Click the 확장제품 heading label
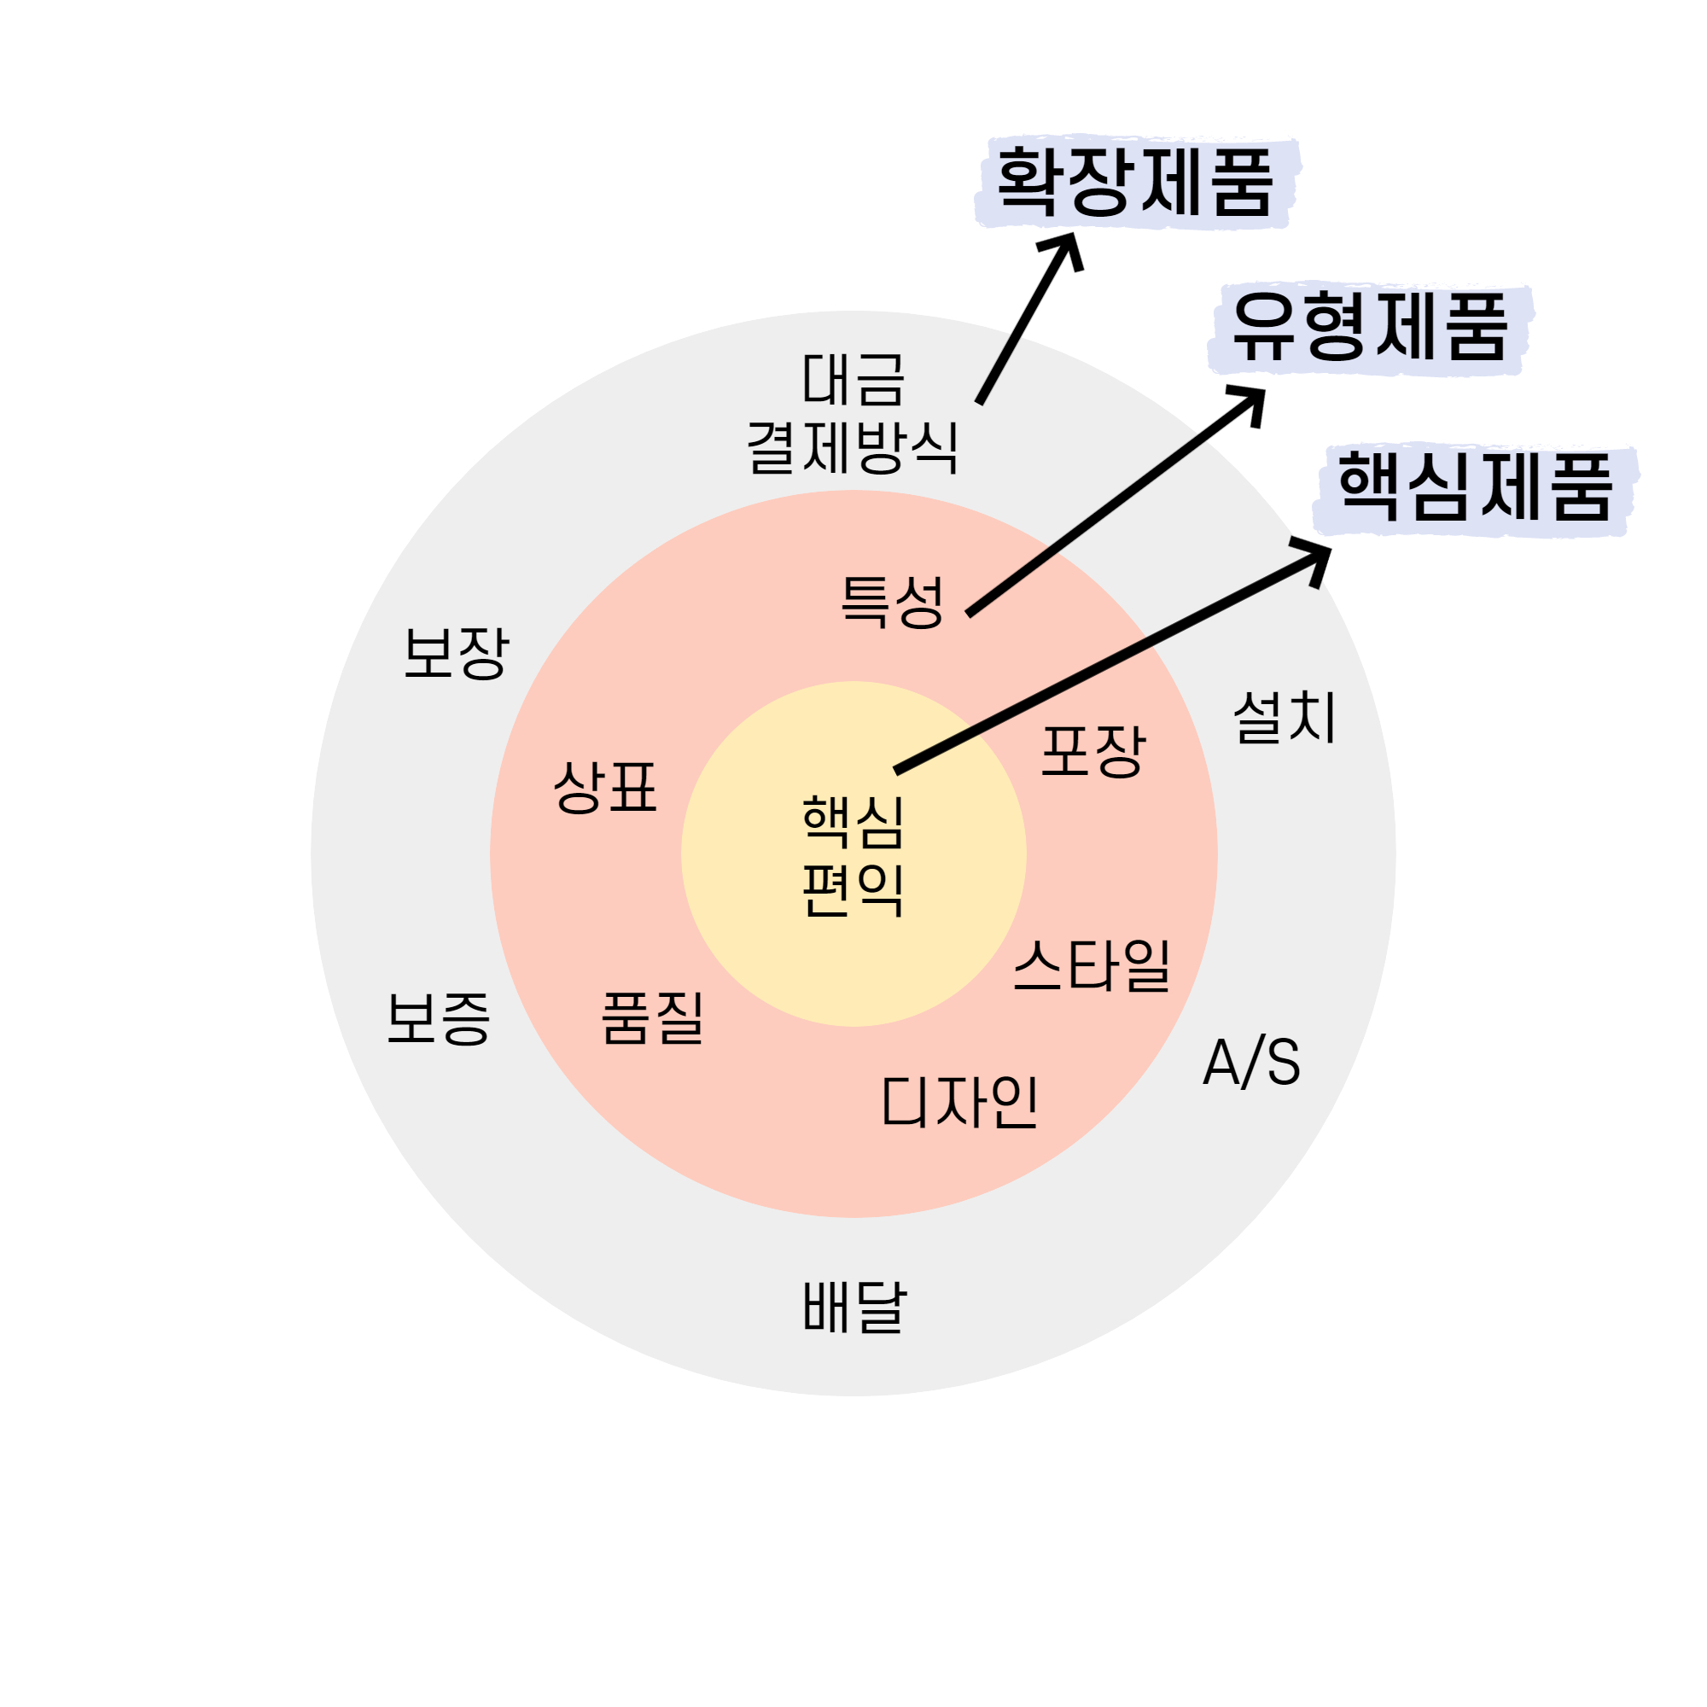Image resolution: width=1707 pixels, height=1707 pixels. click(1135, 181)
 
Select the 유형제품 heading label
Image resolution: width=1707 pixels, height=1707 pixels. click(1370, 327)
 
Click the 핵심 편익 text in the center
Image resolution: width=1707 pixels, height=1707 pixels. click(853, 854)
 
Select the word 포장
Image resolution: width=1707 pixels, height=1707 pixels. click(1093, 751)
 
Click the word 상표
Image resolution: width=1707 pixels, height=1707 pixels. click(605, 786)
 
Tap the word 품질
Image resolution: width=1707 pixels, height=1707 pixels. click(653, 1017)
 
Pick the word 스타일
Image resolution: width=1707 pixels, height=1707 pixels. click(1092, 964)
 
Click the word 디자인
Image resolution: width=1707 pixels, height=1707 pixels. click(959, 1102)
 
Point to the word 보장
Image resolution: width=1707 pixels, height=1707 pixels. click(456, 653)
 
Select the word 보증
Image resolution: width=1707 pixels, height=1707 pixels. click(438, 1018)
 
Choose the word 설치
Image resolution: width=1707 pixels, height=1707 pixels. click(1285, 716)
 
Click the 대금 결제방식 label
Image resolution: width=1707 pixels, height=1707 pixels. click(853, 413)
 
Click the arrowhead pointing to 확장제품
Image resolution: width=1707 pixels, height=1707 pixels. click(1066, 248)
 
